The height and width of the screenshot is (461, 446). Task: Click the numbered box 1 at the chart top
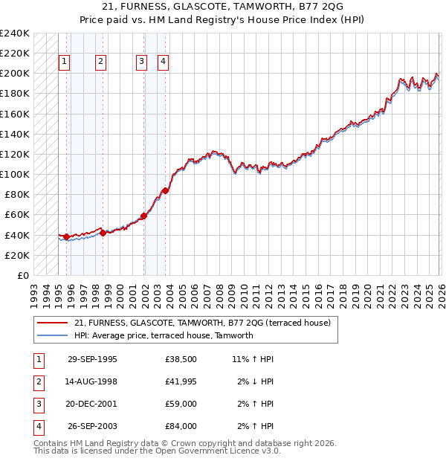(x=65, y=62)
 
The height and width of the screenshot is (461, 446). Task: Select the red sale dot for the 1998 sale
(x=103, y=232)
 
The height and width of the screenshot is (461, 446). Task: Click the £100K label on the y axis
(x=15, y=174)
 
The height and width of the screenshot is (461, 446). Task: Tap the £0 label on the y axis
(x=24, y=275)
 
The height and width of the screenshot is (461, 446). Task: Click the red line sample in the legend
(x=53, y=323)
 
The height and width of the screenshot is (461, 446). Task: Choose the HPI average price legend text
(x=164, y=335)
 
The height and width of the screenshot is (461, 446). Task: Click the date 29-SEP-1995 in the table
(x=92, y=358)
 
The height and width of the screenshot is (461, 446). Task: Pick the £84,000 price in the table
(x=181, y=426)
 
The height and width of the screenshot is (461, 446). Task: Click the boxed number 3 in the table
(x=37, y=404)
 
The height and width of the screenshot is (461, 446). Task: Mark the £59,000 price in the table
(x=181, y=404)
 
